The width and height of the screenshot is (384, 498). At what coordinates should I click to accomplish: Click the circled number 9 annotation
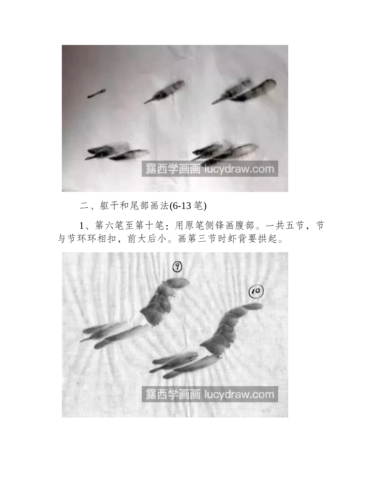[177, 267]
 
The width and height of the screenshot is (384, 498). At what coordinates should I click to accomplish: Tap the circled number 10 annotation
[256, 292]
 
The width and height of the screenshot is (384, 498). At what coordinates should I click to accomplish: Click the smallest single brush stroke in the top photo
[96, 93]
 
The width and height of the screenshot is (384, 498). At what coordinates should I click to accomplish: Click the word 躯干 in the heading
[110, 206]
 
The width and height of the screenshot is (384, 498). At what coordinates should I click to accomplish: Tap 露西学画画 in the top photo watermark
[173, 169]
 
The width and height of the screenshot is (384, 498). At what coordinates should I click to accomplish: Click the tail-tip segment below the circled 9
[178, 282]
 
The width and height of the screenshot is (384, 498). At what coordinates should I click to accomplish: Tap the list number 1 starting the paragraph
[82, 226]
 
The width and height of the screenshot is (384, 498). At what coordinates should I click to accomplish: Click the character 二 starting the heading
[84, 206]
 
